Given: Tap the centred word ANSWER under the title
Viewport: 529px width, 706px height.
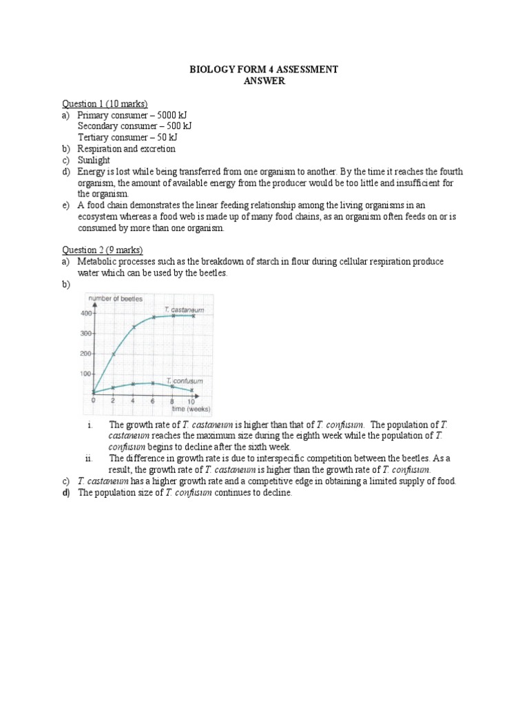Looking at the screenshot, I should (x=264, y=81).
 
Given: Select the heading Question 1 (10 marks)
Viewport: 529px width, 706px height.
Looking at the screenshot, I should (x=105, y=103).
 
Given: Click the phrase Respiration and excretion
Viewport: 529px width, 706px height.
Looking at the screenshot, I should (x=126, y=149).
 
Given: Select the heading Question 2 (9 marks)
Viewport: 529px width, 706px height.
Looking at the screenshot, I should (x=102, y=250).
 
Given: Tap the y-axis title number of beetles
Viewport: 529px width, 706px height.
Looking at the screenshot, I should (x=115, y=299).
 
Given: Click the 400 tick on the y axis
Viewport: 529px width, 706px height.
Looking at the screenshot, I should (x=85, y=314).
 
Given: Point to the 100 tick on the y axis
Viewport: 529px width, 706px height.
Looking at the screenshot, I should (x=85, y=374).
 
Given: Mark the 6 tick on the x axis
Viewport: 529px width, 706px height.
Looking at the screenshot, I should (x=153, y=400).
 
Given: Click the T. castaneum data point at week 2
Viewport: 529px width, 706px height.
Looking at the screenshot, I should (x=114, y=354).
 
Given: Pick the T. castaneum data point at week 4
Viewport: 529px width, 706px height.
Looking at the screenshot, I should (x=134, y=327).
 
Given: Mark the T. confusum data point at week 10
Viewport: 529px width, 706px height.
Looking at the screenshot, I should (x=192, y=390).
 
